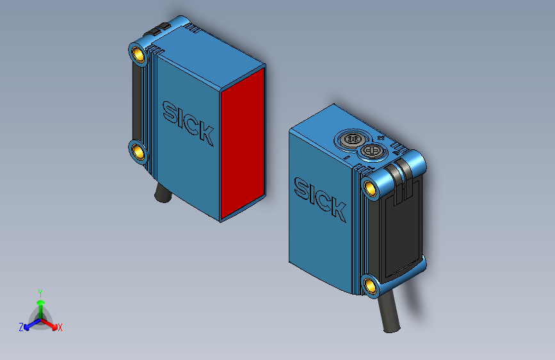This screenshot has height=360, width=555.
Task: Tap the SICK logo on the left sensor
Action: click(188, 122)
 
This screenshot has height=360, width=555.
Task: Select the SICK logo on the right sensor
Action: click(319, 199)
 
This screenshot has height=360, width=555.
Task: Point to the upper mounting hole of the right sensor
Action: click(370, 188)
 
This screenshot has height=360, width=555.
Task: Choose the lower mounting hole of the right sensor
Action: click(370, 286)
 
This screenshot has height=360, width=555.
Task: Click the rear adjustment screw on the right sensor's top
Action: click(351, 138)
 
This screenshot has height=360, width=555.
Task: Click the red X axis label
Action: click(60, 328)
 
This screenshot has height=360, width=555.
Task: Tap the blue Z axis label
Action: click(21, 327)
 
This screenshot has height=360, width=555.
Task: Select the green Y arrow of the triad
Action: click(40, 304)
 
